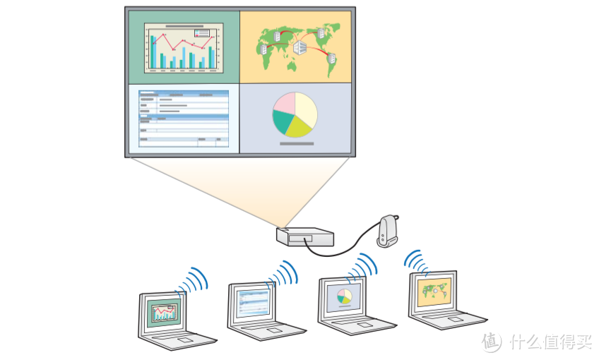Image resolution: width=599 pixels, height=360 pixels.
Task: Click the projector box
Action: pyautogui.click(x=305, y=237)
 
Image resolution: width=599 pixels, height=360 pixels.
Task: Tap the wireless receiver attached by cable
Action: pyautogui.click(x=387, y=231)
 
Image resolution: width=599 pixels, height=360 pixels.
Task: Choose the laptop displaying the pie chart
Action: pyautogui.click(x=353, y=306)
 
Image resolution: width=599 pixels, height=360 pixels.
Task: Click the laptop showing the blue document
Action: pyautogui.click(x=263, y=311)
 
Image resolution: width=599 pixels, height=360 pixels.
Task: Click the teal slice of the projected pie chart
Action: pyautogui.click(x=283, y=121)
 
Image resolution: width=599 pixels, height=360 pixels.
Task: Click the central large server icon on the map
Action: pyautogui.click(x=300, y=47)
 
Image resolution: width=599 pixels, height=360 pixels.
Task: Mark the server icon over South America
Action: pyautogui.click(x=331, y=59)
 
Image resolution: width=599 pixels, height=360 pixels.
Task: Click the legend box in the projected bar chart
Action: pyautogui.click(x=202, y=33)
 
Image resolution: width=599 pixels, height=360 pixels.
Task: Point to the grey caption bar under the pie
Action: pyautogui.click(x=297, y=144)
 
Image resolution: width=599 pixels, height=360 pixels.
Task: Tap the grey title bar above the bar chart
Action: pyautogui.click(x=184, y=26)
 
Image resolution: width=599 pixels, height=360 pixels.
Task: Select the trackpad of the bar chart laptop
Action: pyautogui.click(x=186, y=340)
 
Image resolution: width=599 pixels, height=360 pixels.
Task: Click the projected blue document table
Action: pyautogui.click(x=184, y=119)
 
